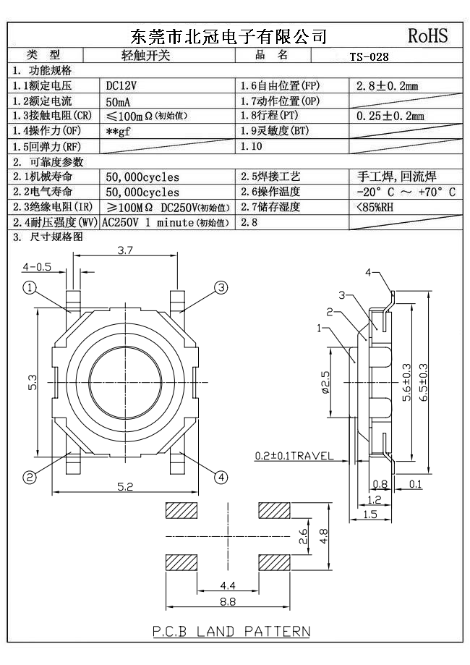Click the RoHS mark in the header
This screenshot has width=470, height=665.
click(428, 36)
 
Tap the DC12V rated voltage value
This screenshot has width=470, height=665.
click(121, 86)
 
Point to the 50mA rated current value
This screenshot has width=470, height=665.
click(119, 101)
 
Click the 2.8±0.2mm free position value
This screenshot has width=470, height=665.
click(387, 86)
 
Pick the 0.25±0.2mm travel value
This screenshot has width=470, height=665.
click(390, 116)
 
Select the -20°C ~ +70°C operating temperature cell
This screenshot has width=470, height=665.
click(406, 192)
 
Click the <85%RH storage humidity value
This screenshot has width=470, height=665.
click(375, 207)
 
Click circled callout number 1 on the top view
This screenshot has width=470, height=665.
click(30, 288)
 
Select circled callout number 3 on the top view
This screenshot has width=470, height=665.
click(221, 288)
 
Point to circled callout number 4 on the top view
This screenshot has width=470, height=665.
click(221, 477)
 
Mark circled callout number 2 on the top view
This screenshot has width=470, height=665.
click(30, 477)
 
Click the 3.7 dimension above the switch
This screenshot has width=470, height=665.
click(124, 251)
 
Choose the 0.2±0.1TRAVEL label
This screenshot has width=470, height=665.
click(294, 456)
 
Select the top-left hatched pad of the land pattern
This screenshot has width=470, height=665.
click(182, 511)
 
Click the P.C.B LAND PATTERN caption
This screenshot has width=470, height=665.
click(231, 631)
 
